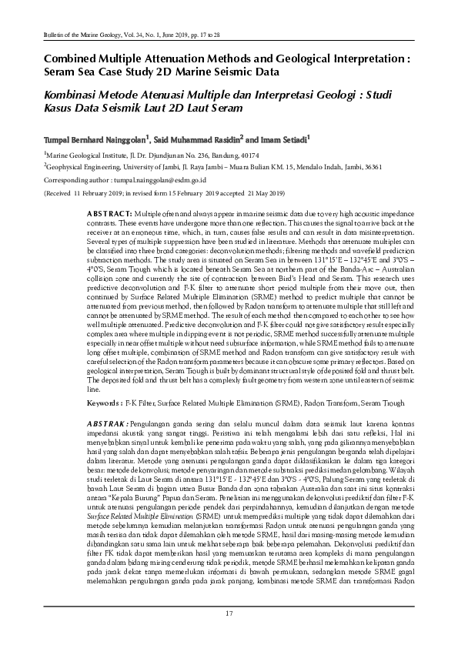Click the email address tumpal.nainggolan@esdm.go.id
157,179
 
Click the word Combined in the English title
69,57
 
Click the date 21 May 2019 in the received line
262,193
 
